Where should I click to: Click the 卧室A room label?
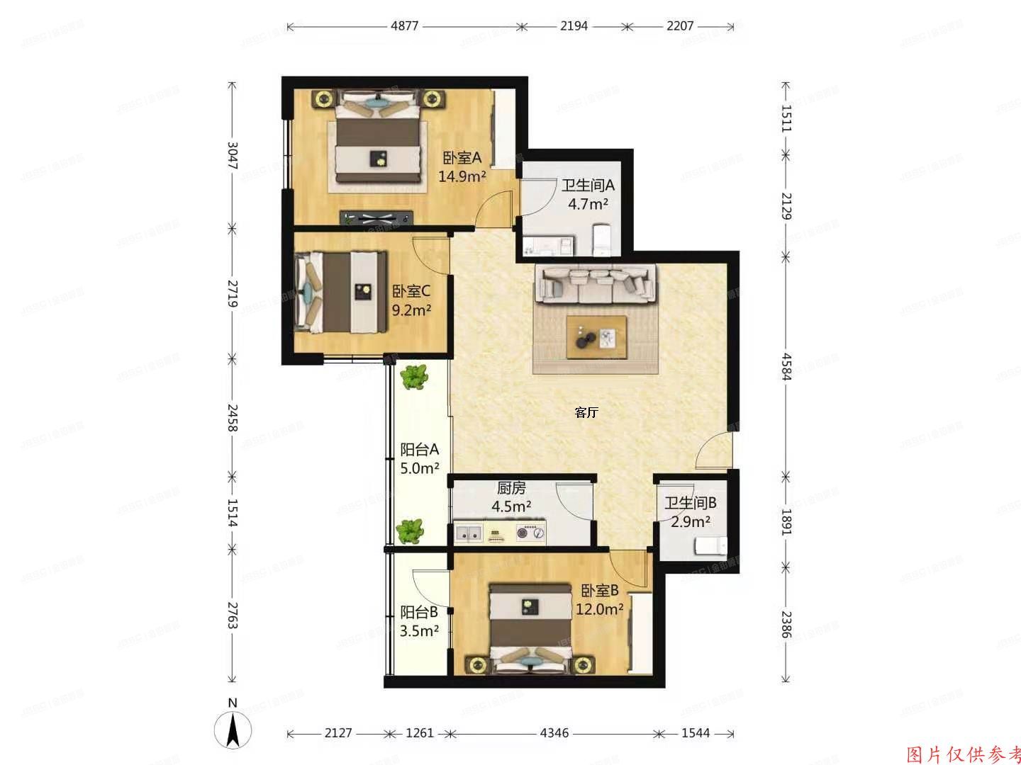[x=462, y=157]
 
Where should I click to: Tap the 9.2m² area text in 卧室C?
[x=412, y=310]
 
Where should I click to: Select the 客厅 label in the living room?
[x=586, y=413]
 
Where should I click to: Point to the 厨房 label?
[x=511, y=488]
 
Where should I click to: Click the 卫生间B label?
[x=690, y=503]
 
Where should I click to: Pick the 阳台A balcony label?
[x=420, y=449]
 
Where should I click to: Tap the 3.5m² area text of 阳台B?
[x=419, y=630]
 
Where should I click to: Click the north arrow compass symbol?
[x=233, y=729]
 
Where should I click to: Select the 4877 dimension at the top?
[x=405, y=26]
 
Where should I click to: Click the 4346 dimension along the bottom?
[x=554, y=733]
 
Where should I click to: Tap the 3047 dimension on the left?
[x=232, y=156]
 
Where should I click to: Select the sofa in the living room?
[x=596, y=283]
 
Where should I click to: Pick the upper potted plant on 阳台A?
[x=413, y=378]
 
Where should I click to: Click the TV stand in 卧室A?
[x=376, y=218]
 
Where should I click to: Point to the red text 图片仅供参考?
[x=964, y=754]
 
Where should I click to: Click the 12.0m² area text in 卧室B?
[x=599, y=608]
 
